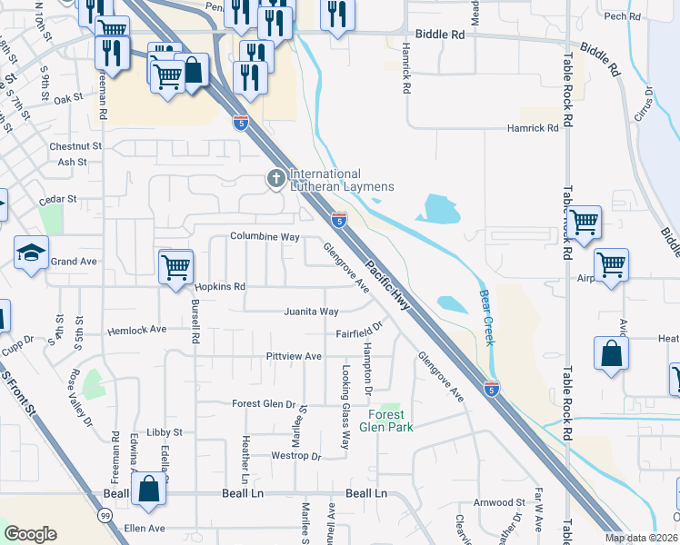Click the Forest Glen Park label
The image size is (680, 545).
click(386, 420)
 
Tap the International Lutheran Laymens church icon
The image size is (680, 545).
click(275, 179)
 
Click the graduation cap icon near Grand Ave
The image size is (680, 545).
click(31, 253)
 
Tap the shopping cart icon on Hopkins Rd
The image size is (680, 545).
click(175, 266)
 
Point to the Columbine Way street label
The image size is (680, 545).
click(265, 237)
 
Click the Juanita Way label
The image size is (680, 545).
click(311, 312)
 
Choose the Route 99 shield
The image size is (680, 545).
click(107, 515)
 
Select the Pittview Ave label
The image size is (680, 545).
click(294, 356)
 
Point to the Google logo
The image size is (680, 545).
click(30, 534)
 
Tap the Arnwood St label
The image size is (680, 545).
click(499, 501)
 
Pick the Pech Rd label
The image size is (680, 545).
click(623, 16)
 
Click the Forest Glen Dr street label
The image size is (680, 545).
click(264, 404)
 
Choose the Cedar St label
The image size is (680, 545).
click(58, 198)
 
